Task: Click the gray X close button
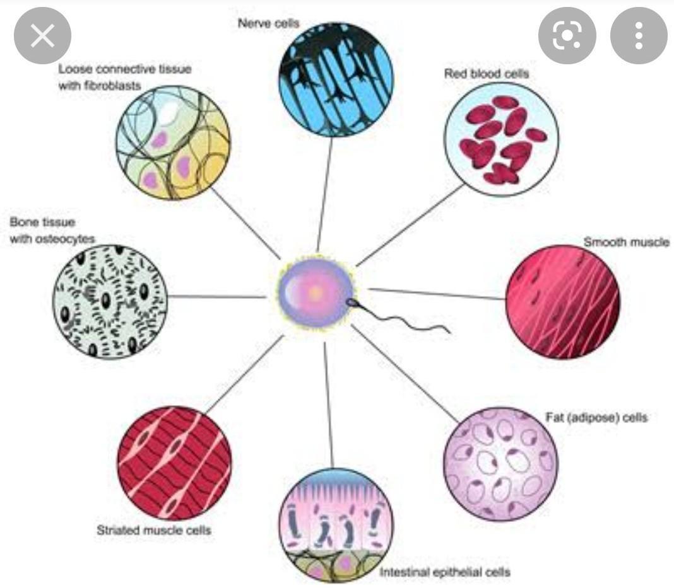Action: (x=42, y=36)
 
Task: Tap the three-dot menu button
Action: (x=639, y=36)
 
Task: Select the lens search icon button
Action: (x=567, y=36)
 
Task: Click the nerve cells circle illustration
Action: (x=336, y=79)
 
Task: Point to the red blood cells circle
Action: (x=501, y=139)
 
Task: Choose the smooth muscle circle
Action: (x=562, y=301)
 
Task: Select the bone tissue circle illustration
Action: (x=110, y=301)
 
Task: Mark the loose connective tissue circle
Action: (x=173, y=143)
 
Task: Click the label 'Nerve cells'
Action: (x=268, y=23)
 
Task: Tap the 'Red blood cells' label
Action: (x=486, y=73)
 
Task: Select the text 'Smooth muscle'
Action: (x=625, y=242)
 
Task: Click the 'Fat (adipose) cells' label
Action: (x=596, y=417)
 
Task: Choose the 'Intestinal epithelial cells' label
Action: (x=444, y=572)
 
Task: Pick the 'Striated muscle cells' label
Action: (x=153, y=530)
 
